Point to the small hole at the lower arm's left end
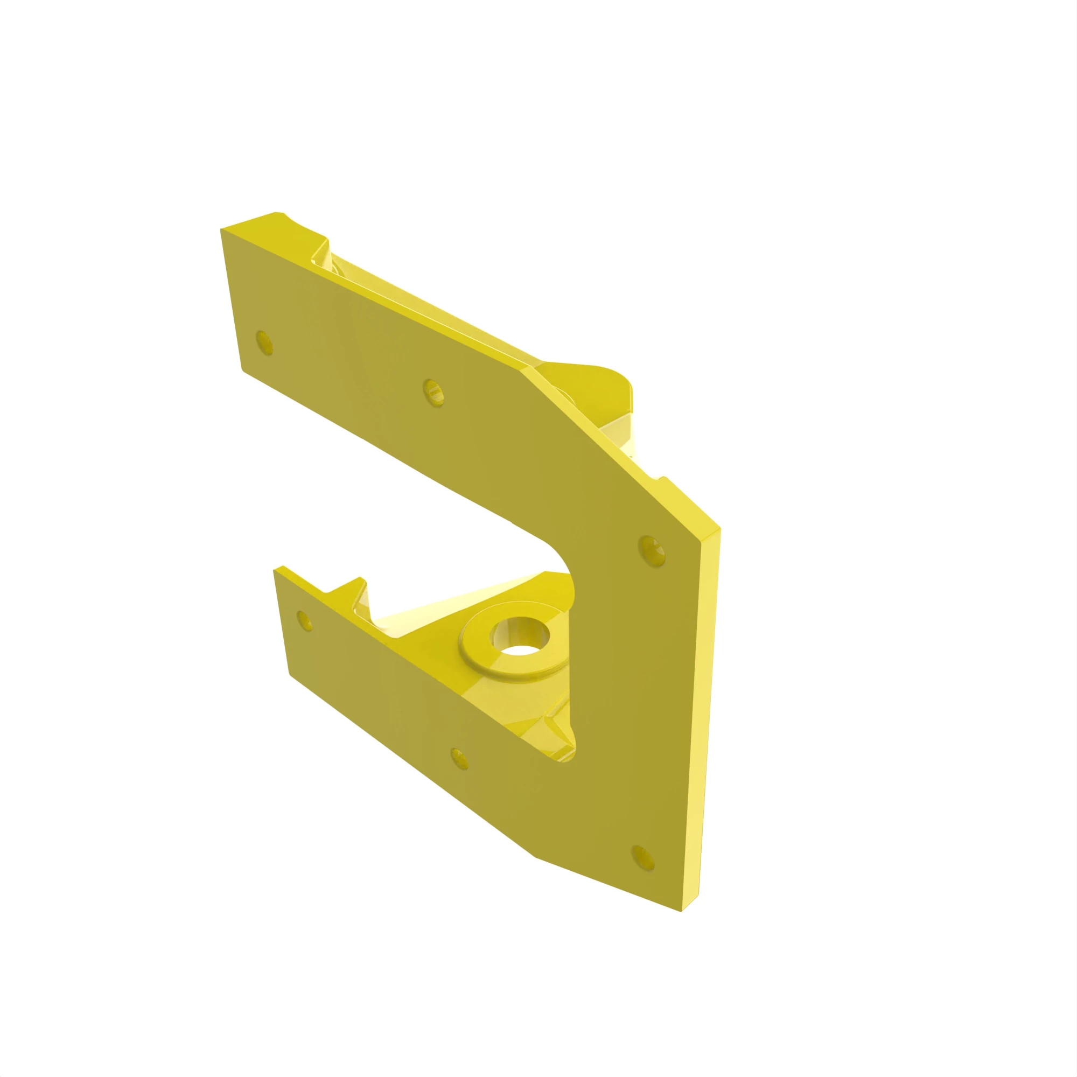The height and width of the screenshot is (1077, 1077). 304,620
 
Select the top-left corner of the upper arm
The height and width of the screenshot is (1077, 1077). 222,230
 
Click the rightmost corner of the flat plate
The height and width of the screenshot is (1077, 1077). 719,528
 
